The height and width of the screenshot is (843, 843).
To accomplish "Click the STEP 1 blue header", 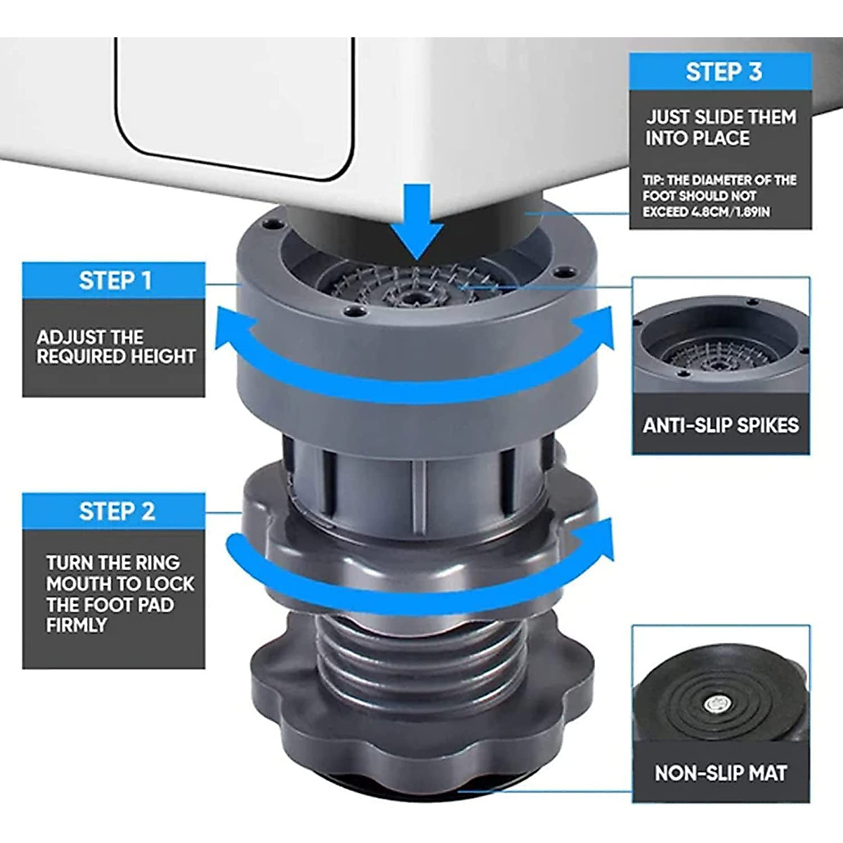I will [115, 280].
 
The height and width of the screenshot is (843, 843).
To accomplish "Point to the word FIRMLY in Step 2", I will [75, 625].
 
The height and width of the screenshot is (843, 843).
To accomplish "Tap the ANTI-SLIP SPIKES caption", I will [720, 426].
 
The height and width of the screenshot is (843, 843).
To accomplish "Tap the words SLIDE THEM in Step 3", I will [746, 117].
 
